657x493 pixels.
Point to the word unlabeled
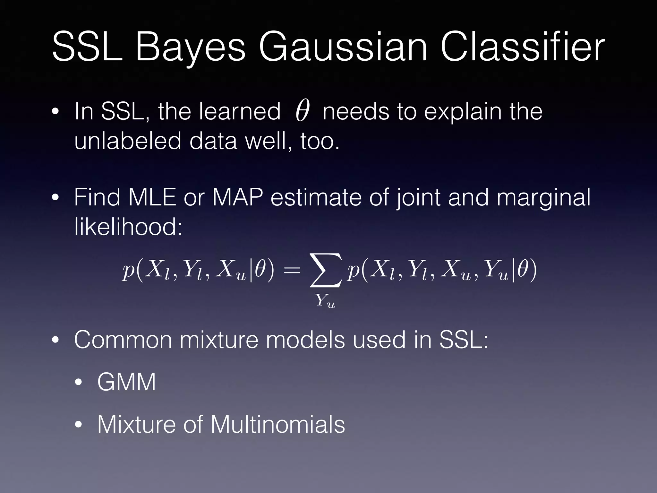point(128,141)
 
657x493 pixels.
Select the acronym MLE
point(152,197)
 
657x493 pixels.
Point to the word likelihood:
point(128,227)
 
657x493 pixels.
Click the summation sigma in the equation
point(325,271)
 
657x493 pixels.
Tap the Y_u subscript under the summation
point(325,301)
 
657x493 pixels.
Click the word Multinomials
point(277,424)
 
